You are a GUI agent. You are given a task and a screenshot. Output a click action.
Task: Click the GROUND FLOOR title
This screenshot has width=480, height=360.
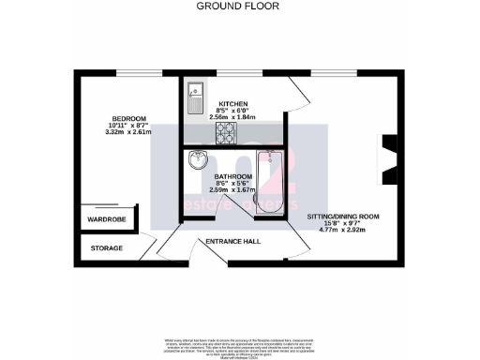(239, 6)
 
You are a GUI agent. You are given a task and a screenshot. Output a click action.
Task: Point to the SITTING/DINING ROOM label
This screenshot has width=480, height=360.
(344, 217)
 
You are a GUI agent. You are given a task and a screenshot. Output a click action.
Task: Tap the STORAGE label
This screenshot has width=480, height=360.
(107, 248)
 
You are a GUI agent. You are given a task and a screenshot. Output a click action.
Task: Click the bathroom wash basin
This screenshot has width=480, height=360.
(198, 160)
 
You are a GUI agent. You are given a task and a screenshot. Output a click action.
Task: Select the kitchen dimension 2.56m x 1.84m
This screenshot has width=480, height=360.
(233, 117)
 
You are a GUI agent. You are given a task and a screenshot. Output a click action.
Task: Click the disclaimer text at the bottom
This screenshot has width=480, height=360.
(239, 343)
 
